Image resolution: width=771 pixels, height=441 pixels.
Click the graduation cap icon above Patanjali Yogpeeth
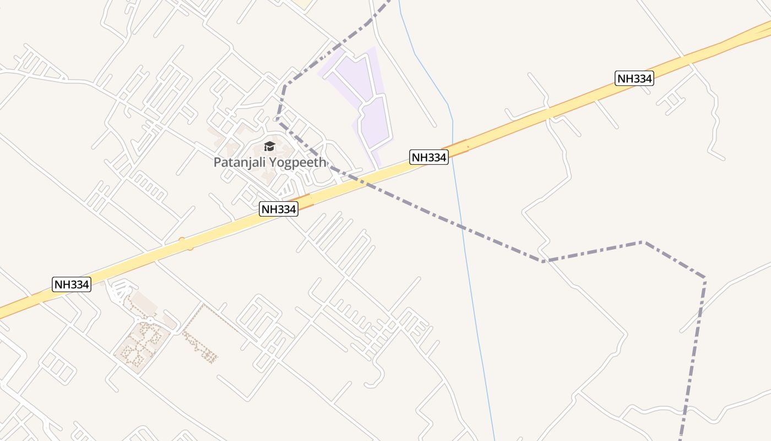point(269,146)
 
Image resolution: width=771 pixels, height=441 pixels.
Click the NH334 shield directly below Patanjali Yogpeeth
point(279,209)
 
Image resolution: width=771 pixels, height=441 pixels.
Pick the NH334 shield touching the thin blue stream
point(429,157)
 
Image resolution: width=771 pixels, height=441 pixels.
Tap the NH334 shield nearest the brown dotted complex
point(72,284)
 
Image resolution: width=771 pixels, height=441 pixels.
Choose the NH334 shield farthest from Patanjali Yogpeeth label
point(634,78)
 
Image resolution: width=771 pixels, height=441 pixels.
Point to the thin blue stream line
point(474,287)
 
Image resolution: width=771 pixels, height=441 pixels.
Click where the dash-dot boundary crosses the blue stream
point(461,225)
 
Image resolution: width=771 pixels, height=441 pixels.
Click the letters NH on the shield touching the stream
point(420,157)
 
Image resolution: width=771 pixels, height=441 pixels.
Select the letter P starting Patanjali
point(217,163)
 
